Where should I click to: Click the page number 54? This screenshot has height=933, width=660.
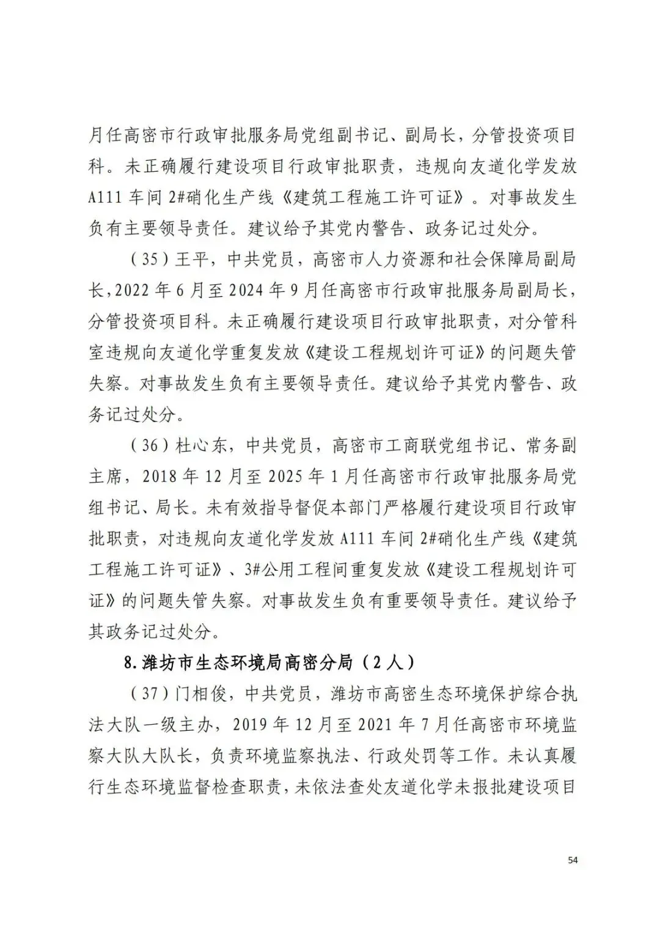572,860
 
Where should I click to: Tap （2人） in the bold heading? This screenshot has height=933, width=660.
387,662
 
